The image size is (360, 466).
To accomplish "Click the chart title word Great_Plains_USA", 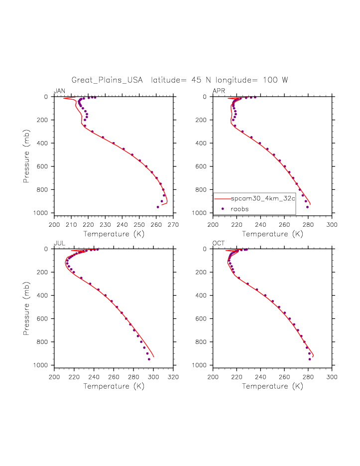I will click(107, 80).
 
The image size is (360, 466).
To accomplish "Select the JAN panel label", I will click(59, 91).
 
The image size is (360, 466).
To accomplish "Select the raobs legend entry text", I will click(240, 209).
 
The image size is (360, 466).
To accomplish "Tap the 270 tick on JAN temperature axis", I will click(173, 224).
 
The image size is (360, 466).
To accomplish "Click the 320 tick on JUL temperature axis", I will click(173, 376).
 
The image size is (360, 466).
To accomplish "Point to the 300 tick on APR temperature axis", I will click(332, 224).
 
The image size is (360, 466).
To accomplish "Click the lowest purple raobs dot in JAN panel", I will click(158, 207).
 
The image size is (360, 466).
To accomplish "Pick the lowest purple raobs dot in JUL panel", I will click(149, 359).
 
